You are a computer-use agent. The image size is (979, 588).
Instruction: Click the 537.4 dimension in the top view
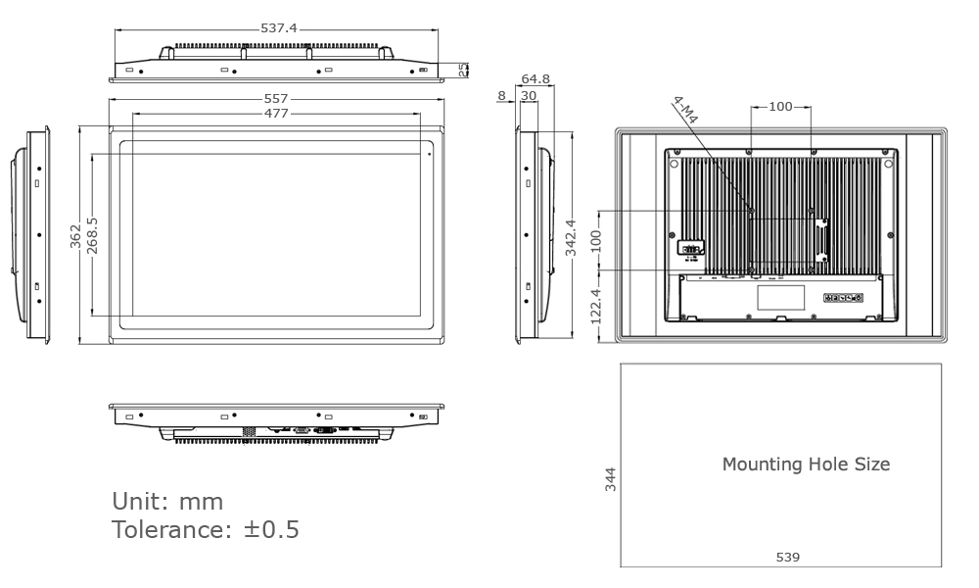click(x=279, y=28)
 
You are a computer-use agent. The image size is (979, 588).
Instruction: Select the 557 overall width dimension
click(x=277, y=100)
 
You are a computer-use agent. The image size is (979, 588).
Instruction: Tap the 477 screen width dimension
click(x=277, y=114)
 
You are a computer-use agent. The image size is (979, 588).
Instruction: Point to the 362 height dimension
click(x=75, y=235)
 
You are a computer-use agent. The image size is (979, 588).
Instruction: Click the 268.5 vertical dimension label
click(x=92, y=235)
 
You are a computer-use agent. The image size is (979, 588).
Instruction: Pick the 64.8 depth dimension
click(x=536, y=78)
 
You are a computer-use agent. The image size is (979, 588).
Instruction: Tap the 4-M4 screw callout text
click(x=685, y=110)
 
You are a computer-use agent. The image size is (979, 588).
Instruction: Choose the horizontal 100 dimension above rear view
click(x=780, y=107)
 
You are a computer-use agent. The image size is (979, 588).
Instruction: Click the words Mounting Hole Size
click(x=806, y=465)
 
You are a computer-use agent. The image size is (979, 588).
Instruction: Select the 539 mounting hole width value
click(x=787, y=557)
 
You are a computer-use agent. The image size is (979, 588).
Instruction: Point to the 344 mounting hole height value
click(x=611, y=479)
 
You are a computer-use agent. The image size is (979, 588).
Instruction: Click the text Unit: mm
click(x=167, y=502)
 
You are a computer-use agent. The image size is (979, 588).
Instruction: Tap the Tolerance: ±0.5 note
click(x=206, y=530)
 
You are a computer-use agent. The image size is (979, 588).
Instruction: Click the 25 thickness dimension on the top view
click(x=464, y=70)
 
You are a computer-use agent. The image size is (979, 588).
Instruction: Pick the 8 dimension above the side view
click(x=502, y=95)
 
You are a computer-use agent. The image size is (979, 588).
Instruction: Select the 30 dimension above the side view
click(x=528, y=95)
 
